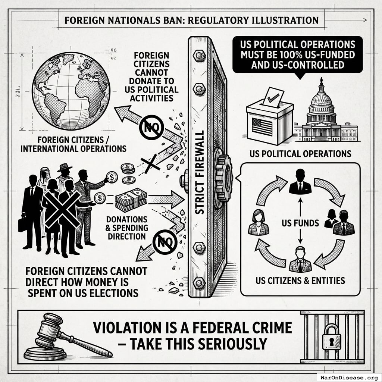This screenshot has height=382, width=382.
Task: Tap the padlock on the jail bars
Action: click(331, 336)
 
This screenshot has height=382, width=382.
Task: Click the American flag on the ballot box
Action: click(262, 127)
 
